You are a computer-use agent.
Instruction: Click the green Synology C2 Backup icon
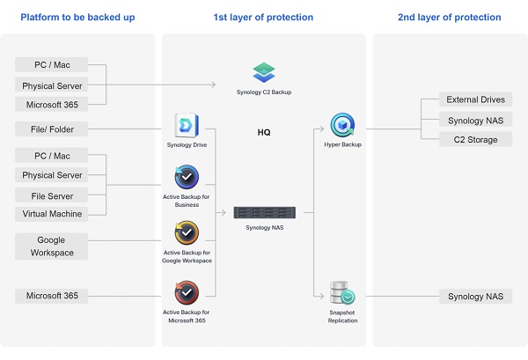pyautogui.click(x=263, y=72)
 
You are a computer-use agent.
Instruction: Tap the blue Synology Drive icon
pyautogui.click(x=187, y=126)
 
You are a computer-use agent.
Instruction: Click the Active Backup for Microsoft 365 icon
pyautogui.click(x=187, y=292)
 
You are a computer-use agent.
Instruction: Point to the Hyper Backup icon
pyautogui.click(x=342, y=126)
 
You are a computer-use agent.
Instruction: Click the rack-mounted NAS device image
pyautogui.click(x=264, y=212)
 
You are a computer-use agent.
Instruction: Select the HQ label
pyautogui.click(x=264, y=133)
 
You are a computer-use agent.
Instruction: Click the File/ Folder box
pyautogui.click(x=52, y=130)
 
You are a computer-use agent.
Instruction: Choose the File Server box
pyautogui.click(x=52, y=195)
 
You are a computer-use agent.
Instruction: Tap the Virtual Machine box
pyautogui.click(x=52, y=214)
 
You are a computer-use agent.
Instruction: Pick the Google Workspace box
pyautogui.click(x=52, y=246)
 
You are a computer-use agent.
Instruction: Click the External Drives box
pyautogui.click(x=475, y=100)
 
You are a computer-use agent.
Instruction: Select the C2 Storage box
pyautogui.click(x=475, y=140)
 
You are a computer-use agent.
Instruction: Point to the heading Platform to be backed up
pyautogui.click(x=78, y=18)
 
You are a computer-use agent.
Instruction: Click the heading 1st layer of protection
pyautogui.click(x=263, y=18)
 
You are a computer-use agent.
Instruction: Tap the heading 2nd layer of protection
pyautogui.click(x=449, y=18)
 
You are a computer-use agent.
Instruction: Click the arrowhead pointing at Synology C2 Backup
pyautogui.click(x=214, y=84)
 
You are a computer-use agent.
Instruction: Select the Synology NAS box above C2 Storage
pyautogui.click(x=475, y=121)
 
